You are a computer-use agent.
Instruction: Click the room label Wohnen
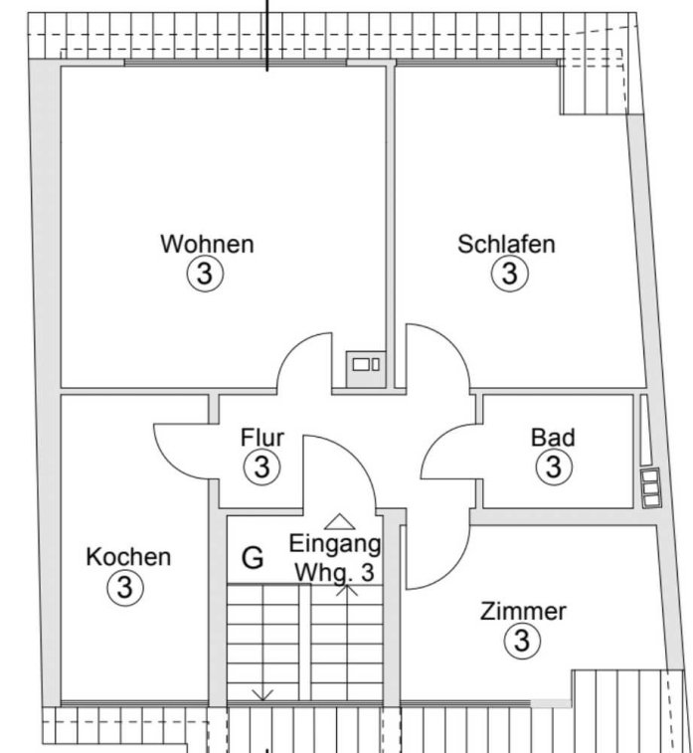207,244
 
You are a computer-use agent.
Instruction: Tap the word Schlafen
506,244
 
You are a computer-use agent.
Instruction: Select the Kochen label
128,557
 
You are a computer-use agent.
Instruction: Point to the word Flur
262,438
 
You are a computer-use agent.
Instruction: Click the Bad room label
553,438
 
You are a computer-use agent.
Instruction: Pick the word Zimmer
523,612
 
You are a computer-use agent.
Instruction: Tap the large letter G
253,558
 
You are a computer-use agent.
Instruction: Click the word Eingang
335,544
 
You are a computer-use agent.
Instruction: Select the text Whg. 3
334,572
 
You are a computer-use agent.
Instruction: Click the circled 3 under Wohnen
205,275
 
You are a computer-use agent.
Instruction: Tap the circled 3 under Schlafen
510,274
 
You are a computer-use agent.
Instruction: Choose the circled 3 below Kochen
125,587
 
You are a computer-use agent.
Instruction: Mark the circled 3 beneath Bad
555,467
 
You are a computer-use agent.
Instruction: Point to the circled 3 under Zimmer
523,641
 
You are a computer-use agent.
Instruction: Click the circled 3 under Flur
262,467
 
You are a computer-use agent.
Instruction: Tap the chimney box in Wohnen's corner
366,369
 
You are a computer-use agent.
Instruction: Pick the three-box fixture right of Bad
651,488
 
